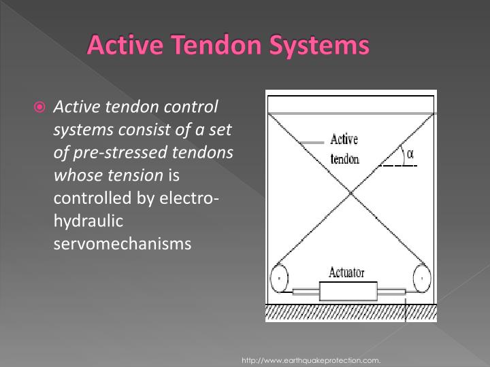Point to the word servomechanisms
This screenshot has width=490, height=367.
(122, 243)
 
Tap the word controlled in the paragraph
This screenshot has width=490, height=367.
(86, 198)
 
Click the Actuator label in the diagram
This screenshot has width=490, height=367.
(346, 273)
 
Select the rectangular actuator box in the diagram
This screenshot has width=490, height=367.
(348, 292)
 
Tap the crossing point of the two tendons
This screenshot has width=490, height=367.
(351, 195)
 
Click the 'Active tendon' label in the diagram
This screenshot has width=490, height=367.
(344, 150)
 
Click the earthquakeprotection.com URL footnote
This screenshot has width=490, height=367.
(311, 359)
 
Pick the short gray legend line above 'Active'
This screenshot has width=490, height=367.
(312, 143)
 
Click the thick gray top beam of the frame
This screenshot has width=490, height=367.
(351, 113)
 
